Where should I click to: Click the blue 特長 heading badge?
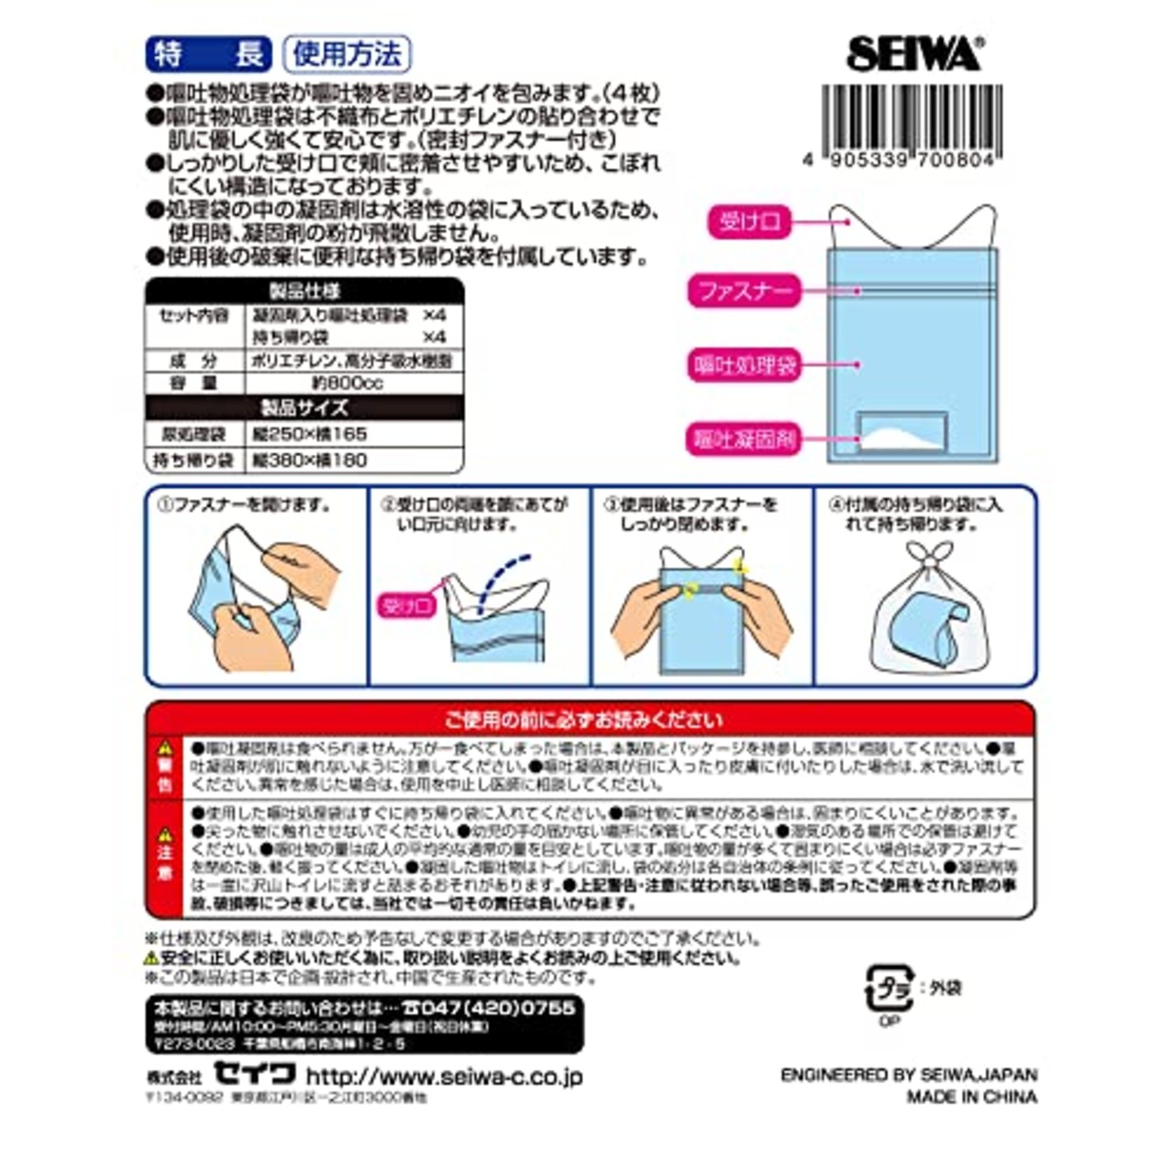click(x=208, y=54)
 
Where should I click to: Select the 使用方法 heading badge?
click(x=346, y=54)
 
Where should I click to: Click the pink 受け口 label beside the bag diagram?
click(x=748, y=222)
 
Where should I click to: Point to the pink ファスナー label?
click(x=744, y=293)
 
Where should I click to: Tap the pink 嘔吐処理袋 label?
click(x=744, y=366)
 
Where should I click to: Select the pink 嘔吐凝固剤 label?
click(x=744, y=439)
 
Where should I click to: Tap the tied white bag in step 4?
click(x=925, y=615)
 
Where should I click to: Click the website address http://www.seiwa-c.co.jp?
click(x=444, y=1076)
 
